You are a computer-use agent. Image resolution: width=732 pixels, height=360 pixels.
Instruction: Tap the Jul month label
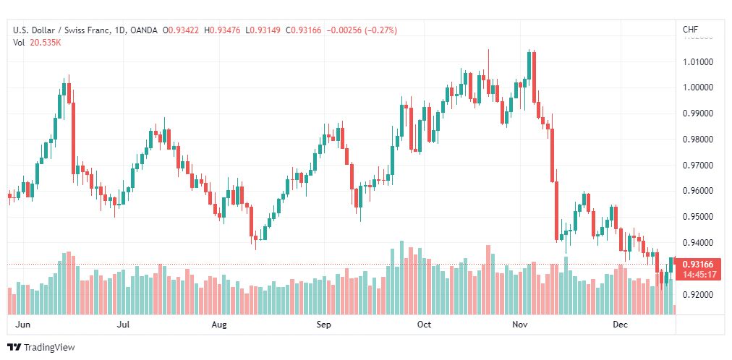pos(124,325)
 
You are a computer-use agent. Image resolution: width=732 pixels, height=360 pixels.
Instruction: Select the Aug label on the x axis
pos(220,325)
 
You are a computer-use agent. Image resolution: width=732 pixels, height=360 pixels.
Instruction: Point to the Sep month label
pos(324,325)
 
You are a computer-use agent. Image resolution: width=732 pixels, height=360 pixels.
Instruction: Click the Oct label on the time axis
pos(425,325)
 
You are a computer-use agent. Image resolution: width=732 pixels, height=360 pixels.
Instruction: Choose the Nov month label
pos(519,325)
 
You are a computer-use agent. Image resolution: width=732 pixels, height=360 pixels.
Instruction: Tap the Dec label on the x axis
pos(620,325)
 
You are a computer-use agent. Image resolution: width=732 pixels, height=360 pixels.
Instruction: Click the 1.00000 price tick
pos(699,87)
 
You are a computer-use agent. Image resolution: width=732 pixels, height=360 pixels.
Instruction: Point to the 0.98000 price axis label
pos(699,140)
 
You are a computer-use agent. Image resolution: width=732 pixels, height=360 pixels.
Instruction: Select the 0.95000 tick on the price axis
pos(699,217)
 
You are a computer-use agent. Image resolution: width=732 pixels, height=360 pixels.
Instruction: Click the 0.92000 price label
pos(699,295)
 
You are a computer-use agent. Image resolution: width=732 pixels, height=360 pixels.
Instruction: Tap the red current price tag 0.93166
pos(699,265)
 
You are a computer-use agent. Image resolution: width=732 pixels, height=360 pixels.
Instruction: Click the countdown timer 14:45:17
pos(699,275)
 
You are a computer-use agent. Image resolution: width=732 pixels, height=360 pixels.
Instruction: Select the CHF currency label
pos(690,30)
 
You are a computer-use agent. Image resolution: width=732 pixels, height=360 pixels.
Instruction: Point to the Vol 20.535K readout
pos(37,42)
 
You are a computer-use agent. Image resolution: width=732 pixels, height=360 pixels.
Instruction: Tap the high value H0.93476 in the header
pos(224,30)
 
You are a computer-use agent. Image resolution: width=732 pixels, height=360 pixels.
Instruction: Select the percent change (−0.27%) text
pos(375,30)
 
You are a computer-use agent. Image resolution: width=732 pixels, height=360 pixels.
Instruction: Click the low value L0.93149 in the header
pos(265,30)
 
